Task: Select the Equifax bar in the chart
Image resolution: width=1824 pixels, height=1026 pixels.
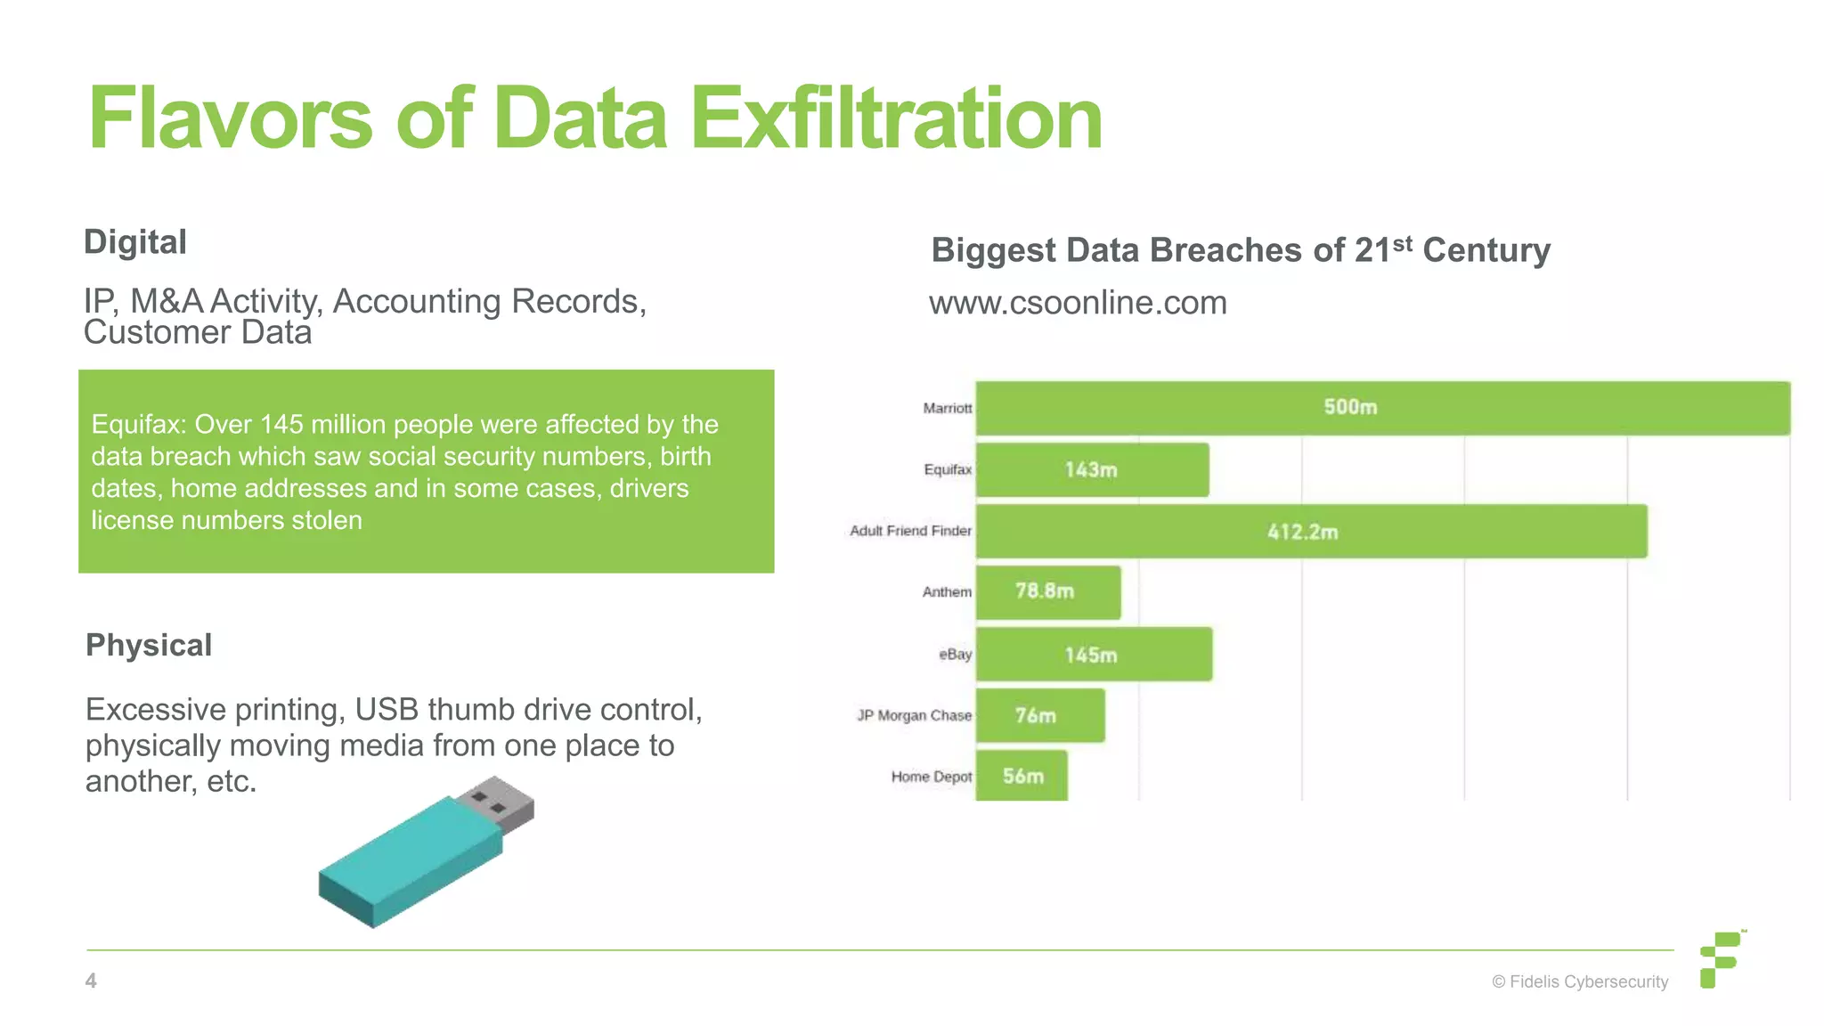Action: [x=1092, y=469]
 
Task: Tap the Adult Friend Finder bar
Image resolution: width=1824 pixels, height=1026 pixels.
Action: [x=1311, y=532]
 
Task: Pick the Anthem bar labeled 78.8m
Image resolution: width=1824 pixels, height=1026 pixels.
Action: [x=1047, y=592]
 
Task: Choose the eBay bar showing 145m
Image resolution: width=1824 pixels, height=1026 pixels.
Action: [x=1094, y=655]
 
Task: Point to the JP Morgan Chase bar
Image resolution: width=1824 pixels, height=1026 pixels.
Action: [x=1039, y=715]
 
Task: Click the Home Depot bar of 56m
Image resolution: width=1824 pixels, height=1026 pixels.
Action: [x=1021, y=776]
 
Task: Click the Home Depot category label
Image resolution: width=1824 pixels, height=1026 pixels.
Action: [x=931, y=777]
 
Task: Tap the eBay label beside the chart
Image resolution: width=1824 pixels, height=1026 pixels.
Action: [x=955, y=655]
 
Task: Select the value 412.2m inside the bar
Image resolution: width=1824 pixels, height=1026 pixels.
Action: [x=1302, y=533]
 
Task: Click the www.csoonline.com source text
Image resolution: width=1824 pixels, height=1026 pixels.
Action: [x=1078, y=303]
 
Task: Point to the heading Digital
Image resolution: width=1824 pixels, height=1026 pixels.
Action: [x=134, y=242]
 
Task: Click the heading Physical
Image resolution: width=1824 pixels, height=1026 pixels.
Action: [x=149, y=645]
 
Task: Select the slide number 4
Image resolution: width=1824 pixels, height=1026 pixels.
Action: [x=91, y=981]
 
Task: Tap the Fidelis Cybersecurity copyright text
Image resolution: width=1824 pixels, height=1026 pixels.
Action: [x=1580, y=981]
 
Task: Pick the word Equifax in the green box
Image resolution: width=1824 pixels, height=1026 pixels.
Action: [x=138, y=425]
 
